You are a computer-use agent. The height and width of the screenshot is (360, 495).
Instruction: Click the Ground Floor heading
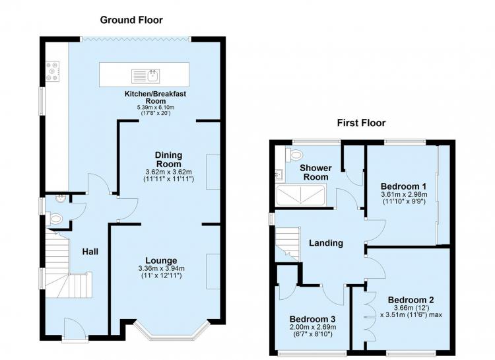tap(131, 20)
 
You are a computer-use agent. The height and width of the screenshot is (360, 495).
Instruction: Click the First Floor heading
tap(361, 123)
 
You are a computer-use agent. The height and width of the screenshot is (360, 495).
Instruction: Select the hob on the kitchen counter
tap(53, 71)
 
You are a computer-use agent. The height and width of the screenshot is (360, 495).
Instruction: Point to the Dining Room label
tap(169, 160)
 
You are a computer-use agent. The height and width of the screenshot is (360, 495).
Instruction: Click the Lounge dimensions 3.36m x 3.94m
tap(161, 269)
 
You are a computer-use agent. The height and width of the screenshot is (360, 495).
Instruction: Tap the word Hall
tap(90, 252)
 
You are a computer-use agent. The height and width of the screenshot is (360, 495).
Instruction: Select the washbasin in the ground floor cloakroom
tap(59, 199)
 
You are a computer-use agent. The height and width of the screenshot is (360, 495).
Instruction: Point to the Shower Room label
tap(315, 172)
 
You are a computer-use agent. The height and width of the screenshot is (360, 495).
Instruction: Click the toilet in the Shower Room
tap(294, 155)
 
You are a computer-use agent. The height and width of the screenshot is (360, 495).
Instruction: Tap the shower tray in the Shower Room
tap(300, 196)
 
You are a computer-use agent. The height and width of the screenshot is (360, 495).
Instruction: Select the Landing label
tap(326, 242)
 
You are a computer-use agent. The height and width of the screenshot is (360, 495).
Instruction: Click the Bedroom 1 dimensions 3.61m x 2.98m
tap(404, 194)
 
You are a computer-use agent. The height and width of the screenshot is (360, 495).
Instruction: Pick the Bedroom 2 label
tap(411, 299)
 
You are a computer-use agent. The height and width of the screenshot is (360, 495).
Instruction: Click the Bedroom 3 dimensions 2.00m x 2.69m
tap(313, 327)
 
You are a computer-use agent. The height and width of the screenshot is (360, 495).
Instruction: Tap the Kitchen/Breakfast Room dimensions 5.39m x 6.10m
tap(156, 108)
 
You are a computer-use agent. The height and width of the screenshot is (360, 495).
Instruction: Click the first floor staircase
tap(287, 244)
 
